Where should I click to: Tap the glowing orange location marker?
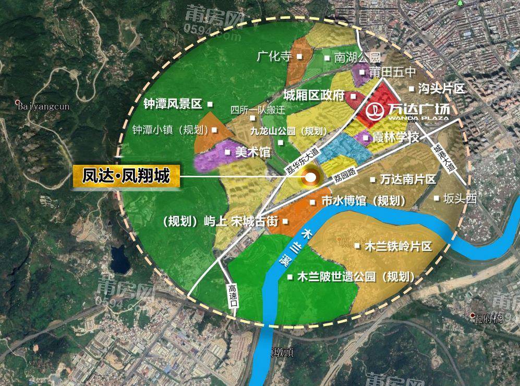tap(310, 178)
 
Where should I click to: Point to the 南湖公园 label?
tap(357, 58)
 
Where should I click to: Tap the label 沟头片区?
tap(441, 89)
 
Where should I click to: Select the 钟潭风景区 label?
tap(173, 104)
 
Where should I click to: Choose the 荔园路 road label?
tap(345, 175)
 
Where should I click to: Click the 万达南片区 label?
tap(408, 179)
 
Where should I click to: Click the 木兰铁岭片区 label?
tap(399, 246)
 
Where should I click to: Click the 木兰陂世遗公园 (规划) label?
tap(356, 277)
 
